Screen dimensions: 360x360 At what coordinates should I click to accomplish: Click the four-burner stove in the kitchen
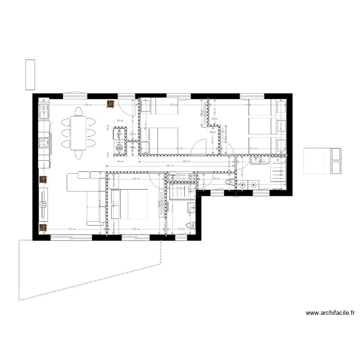[44, 143]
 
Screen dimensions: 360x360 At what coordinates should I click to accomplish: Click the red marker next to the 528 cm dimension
[110, 104]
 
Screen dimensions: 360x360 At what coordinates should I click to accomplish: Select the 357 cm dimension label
[71, 229]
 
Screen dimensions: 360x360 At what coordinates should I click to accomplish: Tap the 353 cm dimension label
[173, 104]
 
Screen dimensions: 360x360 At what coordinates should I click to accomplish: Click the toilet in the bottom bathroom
[189, 226]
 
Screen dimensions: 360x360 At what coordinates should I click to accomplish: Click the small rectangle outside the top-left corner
[31, 74]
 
